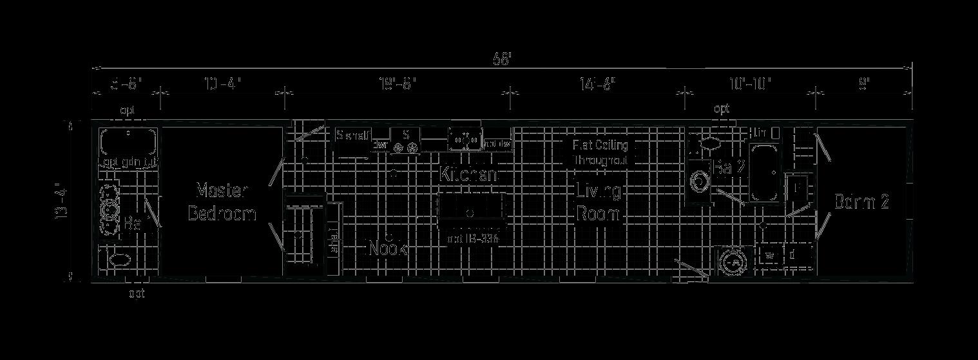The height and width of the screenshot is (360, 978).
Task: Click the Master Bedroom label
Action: click(222, 202)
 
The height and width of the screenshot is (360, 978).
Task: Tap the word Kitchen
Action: click(468, 174)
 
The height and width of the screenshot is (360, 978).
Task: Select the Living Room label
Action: click(598, 202)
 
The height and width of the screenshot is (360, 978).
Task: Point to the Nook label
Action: click(387, 248)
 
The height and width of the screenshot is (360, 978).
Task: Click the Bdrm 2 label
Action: click(861, 202)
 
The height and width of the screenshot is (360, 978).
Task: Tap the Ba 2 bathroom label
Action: click(730, 167)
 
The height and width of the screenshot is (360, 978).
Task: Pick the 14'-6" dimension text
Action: click(597, 84)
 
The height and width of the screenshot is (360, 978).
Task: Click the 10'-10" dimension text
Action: click(750, 84)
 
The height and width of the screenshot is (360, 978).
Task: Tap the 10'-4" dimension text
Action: click(222, 84)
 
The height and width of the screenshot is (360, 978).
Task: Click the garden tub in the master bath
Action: click(128, 142)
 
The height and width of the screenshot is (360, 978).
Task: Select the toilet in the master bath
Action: click(120, 261)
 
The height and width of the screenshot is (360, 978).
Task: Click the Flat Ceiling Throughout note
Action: click(600, 153)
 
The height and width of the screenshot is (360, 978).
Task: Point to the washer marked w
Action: click(769, 255)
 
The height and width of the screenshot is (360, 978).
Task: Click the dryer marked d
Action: click(792, 255)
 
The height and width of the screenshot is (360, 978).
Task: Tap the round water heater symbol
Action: click(731, 264)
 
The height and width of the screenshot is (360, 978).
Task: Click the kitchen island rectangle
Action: click(471, 211)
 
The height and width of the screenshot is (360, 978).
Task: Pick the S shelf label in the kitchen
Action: click(353, 136)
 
